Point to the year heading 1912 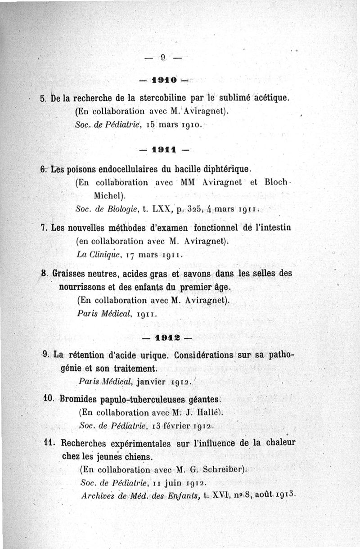[167, 337]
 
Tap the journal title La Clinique [94, 254]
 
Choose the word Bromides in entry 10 [77, 398]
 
